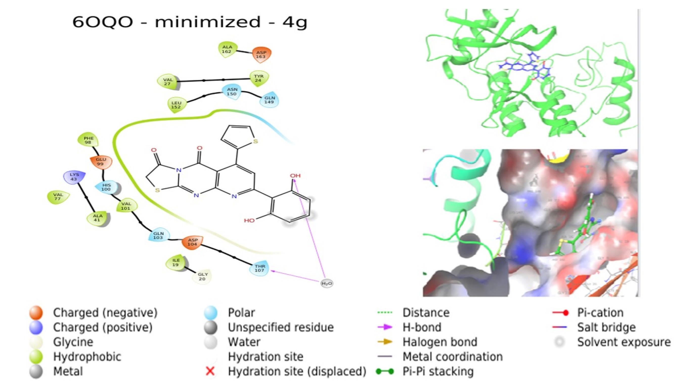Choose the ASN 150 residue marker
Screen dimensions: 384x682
232,92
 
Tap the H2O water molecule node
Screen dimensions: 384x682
327,284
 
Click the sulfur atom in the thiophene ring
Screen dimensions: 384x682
255,141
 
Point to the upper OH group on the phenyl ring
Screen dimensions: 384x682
295,175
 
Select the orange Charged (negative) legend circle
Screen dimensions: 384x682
36,313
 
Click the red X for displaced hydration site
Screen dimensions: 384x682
210,371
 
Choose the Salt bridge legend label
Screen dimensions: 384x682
606,327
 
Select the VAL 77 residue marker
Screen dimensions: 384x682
58,197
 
